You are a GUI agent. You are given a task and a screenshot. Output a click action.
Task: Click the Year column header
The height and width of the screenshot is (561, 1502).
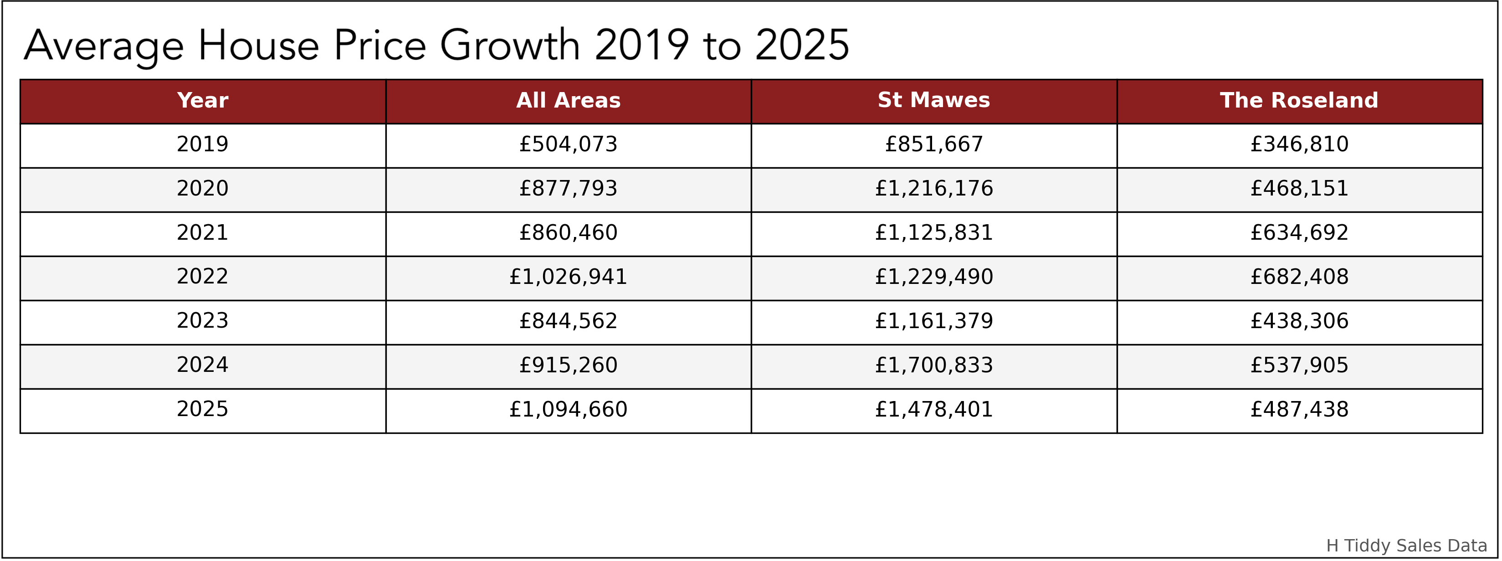point(202,100)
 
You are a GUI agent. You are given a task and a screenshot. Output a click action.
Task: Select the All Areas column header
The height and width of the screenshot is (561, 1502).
point(568,100)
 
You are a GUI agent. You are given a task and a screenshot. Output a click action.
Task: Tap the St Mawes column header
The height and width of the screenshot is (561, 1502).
point(933,100)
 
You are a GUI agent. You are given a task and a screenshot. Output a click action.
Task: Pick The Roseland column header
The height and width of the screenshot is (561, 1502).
point(1299,100)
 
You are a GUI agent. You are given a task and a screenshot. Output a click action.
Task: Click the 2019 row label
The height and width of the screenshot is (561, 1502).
point(202,144)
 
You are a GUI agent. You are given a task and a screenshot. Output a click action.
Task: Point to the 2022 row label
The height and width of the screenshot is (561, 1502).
point(202,277)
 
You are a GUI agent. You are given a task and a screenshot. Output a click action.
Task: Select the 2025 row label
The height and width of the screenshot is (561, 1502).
point(202,409)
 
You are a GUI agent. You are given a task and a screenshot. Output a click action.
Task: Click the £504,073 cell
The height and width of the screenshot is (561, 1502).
point(568,144)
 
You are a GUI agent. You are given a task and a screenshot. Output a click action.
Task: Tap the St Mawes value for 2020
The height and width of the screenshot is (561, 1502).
point(933,188)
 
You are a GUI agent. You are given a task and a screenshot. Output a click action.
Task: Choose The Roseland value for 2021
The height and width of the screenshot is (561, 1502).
point(1299,233)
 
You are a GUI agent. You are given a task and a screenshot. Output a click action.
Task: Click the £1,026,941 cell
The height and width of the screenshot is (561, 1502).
point(568,277)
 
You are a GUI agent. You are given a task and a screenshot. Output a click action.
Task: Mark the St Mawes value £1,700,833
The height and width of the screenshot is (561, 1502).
point(933,365)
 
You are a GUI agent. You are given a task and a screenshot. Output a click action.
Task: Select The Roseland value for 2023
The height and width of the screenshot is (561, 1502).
point(1299,321)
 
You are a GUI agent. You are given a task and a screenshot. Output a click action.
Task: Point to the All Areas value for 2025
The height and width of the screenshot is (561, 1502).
point(568,409)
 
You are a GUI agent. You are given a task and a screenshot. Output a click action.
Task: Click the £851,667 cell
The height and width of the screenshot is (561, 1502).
point(933,144)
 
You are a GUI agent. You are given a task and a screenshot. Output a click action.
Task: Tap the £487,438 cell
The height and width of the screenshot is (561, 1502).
point(1299,409)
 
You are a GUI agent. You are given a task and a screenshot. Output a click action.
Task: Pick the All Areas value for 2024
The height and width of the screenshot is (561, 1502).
point(568,365)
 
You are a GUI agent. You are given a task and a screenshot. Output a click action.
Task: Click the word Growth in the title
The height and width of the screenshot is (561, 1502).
point(510,46)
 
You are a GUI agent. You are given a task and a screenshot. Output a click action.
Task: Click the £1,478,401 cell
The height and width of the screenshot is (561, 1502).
point(933,409)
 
